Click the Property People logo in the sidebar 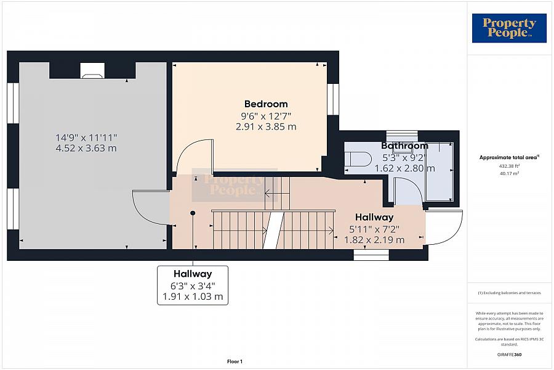coord(509,28)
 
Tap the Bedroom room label coord(266,104)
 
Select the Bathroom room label coord(404,146)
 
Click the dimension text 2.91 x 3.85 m coord(266,127)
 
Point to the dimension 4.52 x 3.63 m coord(86,148)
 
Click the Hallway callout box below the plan coord(193,285)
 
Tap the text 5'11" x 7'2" coord(374,229)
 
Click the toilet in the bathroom coord(358,158)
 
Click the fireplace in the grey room coord(92,70)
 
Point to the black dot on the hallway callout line coord(193,213)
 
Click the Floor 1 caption coord(235,361)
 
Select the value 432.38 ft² coord(509,166)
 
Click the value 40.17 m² coord(509,173)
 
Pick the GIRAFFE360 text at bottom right coord(509,355)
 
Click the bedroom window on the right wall coord(333,99)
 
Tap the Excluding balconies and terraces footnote coord(509,293)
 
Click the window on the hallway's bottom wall coord(371,255)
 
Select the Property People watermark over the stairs coord(235,185)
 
